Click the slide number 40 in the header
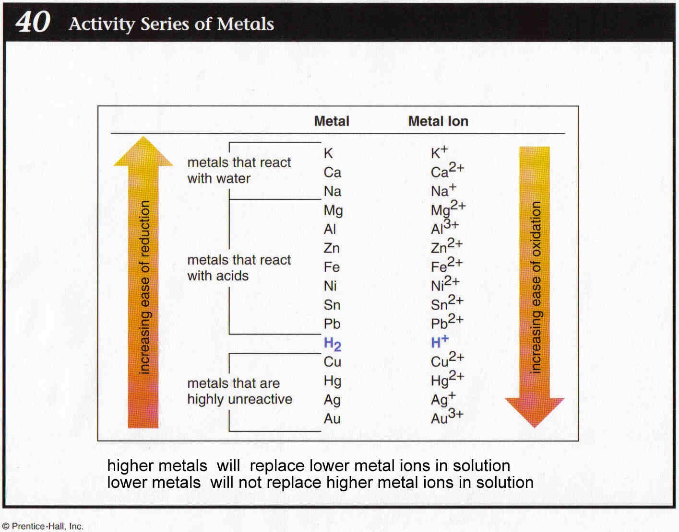coord(33,22)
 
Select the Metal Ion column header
coord(438,121)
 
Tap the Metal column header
coord(331,121)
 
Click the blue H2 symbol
coord(332,344)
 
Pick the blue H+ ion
coord(439,342)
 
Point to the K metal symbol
coord(328,153)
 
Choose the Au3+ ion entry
coord(447,417)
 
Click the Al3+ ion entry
coord(444,227)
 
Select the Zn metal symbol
coord(332,248)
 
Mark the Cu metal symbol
coord(332,362)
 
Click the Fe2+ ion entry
coord(446,265)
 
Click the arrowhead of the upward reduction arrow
coord(143,152)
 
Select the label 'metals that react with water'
coord(239,170)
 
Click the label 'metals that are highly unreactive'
coord(239,391)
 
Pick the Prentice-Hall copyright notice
coord(43,526)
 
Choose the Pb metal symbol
coord(332,324)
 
